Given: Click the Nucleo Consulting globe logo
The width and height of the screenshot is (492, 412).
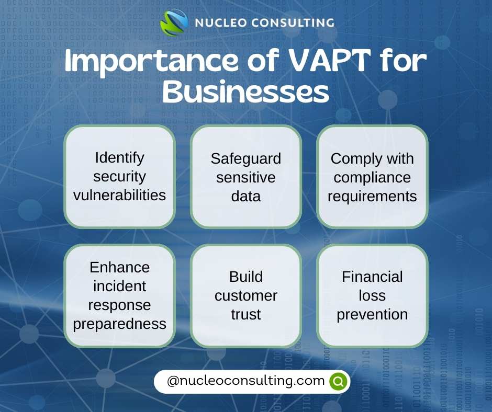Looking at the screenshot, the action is coord(174,22).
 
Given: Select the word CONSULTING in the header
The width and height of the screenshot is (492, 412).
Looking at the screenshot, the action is coord(293,23).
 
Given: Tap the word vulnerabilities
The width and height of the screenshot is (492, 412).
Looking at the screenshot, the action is coord(119,195).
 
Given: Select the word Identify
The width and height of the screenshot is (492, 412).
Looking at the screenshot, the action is coord(119,158).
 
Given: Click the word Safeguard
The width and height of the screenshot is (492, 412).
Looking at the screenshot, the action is coord(245,158).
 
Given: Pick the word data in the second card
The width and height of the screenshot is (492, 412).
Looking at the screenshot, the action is coord(245,196).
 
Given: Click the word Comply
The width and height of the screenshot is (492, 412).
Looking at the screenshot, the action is coord(355,159).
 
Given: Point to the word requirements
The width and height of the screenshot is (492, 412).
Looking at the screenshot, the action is coord(372,197).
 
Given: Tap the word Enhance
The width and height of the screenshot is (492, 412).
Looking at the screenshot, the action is coord(119,268).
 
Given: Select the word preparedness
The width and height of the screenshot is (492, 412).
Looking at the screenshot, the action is coord(119,324).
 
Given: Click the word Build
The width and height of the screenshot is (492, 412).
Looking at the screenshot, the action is coord(245,277).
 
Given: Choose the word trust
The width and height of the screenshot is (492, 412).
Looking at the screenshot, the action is coord(245,314).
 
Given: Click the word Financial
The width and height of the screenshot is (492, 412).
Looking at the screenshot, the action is coord(372,277).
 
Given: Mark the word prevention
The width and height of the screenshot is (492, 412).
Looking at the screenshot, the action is coord(372,315).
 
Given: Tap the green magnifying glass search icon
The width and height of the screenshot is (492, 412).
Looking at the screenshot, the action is coord(338,382).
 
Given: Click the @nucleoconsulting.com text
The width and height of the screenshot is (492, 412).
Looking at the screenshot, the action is coord(245,381).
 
